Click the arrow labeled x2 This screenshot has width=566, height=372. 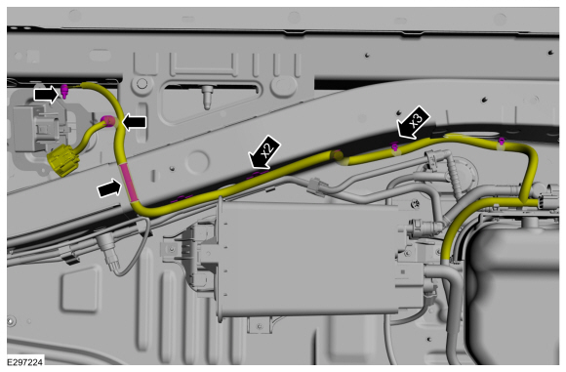(x=264, y=152)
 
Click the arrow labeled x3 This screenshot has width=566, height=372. (x=414, y=122)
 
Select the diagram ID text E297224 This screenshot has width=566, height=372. (x=25, y=362)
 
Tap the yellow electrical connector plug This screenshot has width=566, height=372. (x=63, y=160)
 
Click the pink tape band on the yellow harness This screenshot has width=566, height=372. (x=128, y=182)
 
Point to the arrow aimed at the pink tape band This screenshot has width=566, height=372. (x=108, y=188)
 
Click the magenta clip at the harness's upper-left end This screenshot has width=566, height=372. (x=64, y=91)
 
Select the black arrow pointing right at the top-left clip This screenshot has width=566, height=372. (x=46, y=95)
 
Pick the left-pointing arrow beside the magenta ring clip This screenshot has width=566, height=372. (x=135, y=122)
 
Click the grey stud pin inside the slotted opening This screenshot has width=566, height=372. (x=207, y=97)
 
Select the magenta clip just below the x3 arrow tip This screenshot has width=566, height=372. (x=394, y=146)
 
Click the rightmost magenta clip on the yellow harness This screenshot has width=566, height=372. (x=501, y=142)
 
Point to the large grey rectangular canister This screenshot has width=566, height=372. (x=308, y=258)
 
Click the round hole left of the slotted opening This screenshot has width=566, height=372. (x=141, y=84)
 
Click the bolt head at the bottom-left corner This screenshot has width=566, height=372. (x=12, y=320)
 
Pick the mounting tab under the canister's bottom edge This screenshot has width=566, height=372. (x=259, y=325)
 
